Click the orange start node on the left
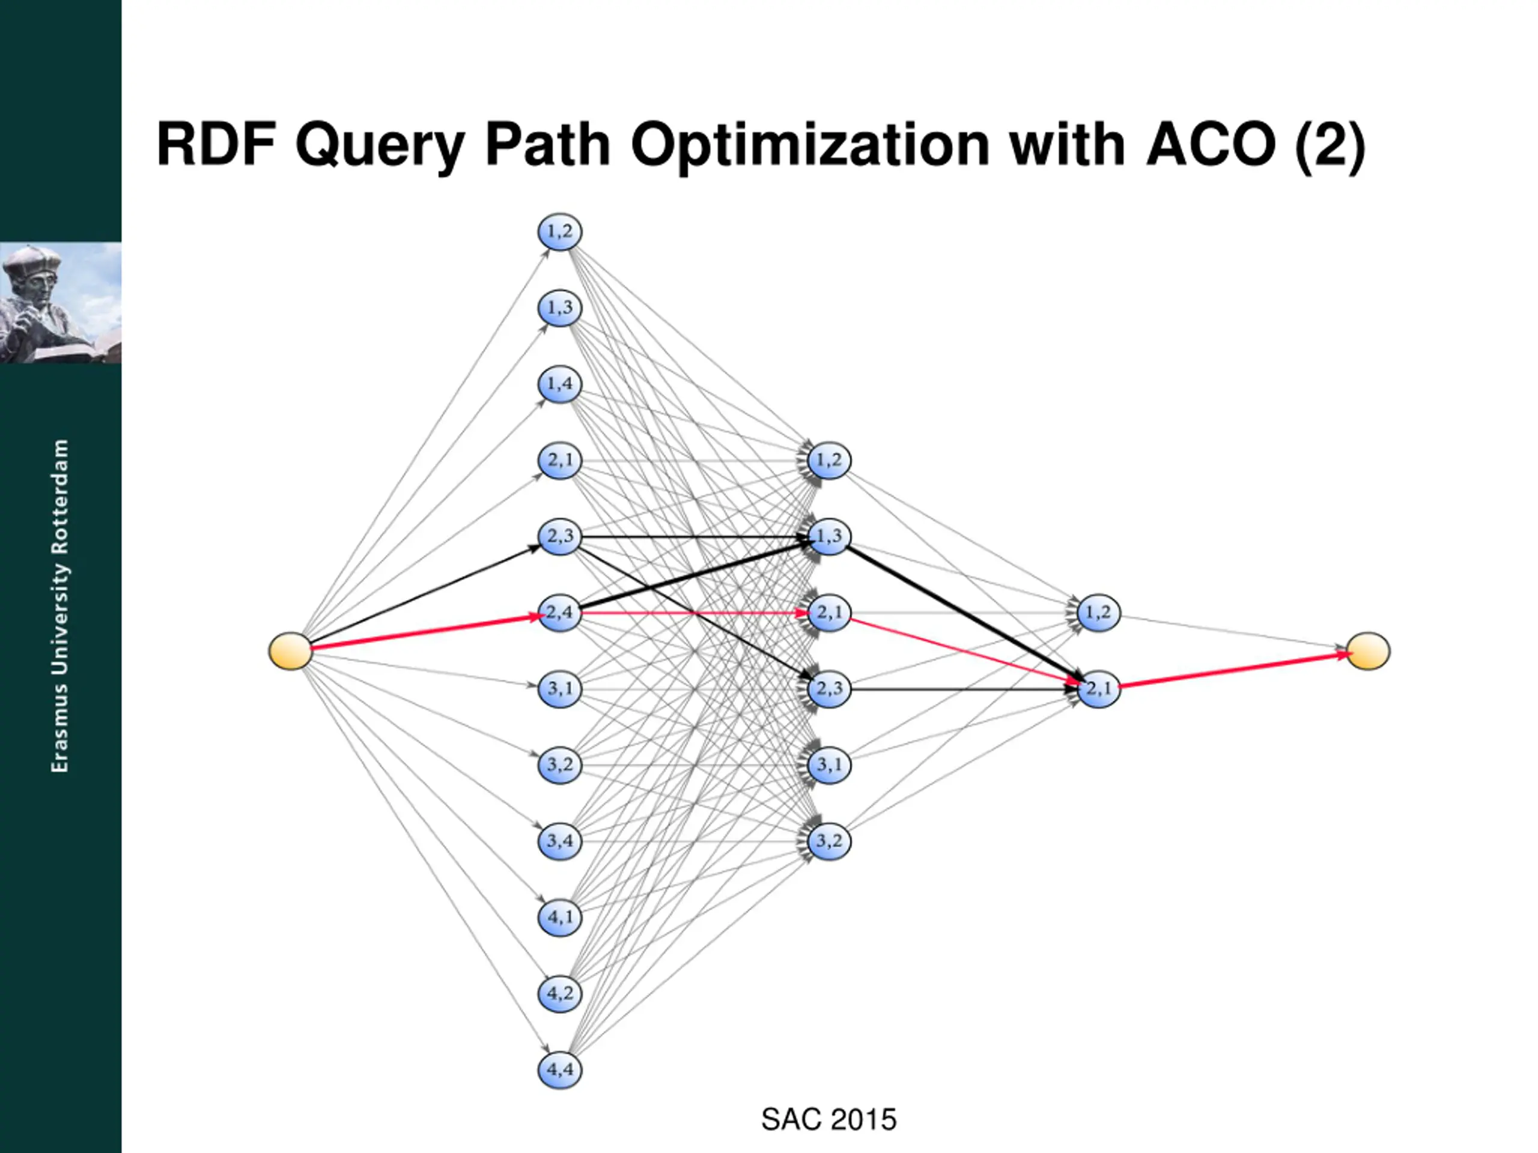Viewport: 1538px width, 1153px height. click(x=290, y=651)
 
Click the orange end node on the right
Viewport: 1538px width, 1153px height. click(x=1367, y=651)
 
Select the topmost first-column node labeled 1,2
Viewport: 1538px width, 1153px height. click(x=560, y=231)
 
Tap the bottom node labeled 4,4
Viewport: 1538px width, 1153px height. click(x=560, y=1070)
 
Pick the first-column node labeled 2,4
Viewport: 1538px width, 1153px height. click(x=560, y=613)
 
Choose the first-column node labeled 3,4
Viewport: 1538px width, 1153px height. click(x=560, y=841)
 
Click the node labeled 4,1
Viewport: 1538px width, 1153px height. click(x=560, y=918)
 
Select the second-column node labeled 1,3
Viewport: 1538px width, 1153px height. click(x=829, y=536)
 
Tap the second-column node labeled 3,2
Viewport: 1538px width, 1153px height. click(x=829, y=841)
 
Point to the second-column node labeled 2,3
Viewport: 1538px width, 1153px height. click(x=829, y=689)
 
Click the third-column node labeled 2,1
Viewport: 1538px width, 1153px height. click(x=1099, y=689)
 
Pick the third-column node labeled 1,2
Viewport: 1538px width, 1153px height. click(x=1099, y=613)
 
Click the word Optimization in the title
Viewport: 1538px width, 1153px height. click(x=810, y=146)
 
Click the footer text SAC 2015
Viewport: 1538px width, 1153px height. click(x=829, y=1119)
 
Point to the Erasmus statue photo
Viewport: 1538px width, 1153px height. click(x=61, y=302)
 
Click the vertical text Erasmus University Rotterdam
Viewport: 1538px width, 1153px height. click(x=61, y=605)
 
